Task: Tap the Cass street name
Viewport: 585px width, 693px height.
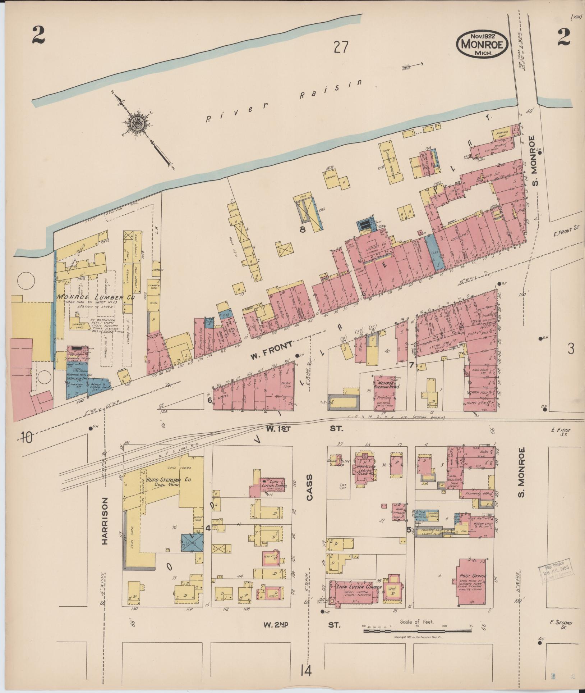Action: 310,488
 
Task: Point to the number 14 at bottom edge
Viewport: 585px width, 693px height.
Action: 306,670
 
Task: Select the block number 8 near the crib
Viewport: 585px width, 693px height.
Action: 303,229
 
